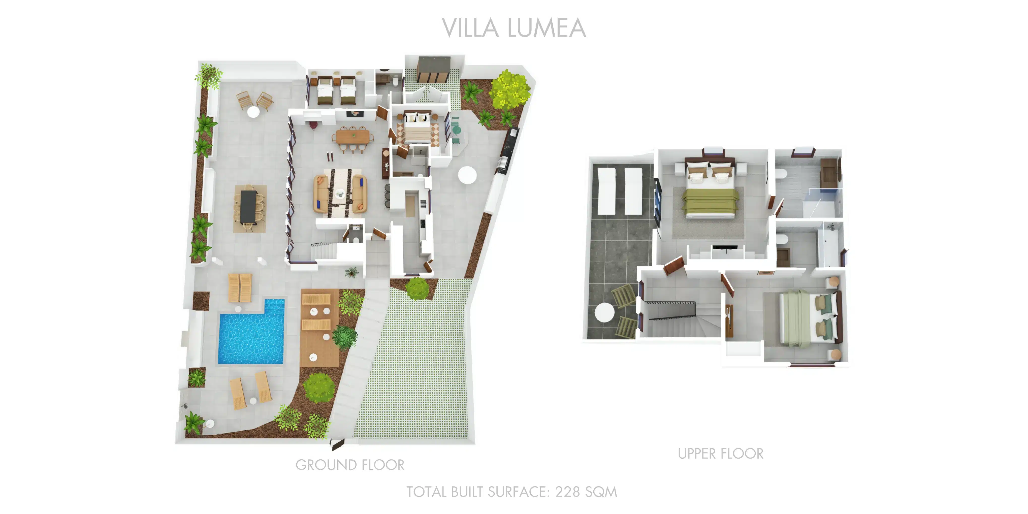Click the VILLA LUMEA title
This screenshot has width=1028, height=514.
[x=513, y=28]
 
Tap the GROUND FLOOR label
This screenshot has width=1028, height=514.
[x=350, y=465]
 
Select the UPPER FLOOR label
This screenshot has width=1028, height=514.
[x=721, y=454]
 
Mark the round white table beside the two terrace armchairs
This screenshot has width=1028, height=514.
[x=253, y=112]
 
